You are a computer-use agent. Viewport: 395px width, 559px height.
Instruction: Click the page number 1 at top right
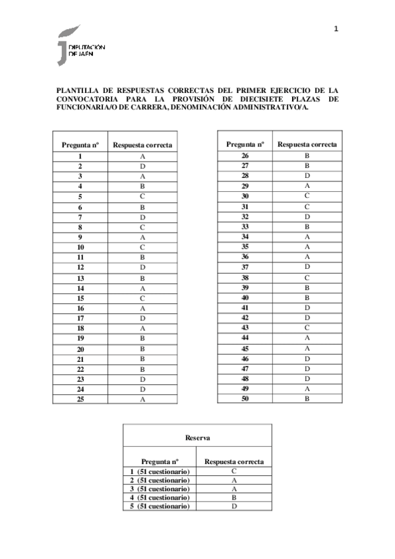(336, 28)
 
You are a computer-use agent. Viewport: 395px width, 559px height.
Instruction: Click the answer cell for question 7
(142, 217)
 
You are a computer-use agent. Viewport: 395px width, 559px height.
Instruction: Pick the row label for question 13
(80, 278)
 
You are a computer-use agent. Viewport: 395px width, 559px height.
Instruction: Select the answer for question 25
(142, 399)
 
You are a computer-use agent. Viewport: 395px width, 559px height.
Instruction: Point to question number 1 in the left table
(80, 156)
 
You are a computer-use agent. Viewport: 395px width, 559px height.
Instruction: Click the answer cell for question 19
(142, 338)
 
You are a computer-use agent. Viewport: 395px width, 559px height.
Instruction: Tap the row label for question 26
(245, 156)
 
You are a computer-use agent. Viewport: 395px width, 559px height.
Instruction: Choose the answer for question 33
(307, 226)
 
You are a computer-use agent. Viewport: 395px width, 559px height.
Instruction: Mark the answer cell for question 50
(307, 397)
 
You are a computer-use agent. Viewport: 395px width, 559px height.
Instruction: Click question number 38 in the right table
(245, 277)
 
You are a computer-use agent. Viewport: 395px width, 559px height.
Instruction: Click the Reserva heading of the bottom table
(197, 436)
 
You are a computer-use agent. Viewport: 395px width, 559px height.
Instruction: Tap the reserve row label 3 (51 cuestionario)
(160, 488)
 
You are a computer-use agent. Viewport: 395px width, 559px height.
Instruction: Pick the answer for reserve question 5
(234, 506)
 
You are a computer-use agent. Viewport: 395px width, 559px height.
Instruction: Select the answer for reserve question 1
(234, 471)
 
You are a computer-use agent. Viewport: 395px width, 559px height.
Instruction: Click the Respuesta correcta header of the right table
(307, 144)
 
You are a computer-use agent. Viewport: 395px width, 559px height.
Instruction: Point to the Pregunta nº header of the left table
(80, 144)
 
